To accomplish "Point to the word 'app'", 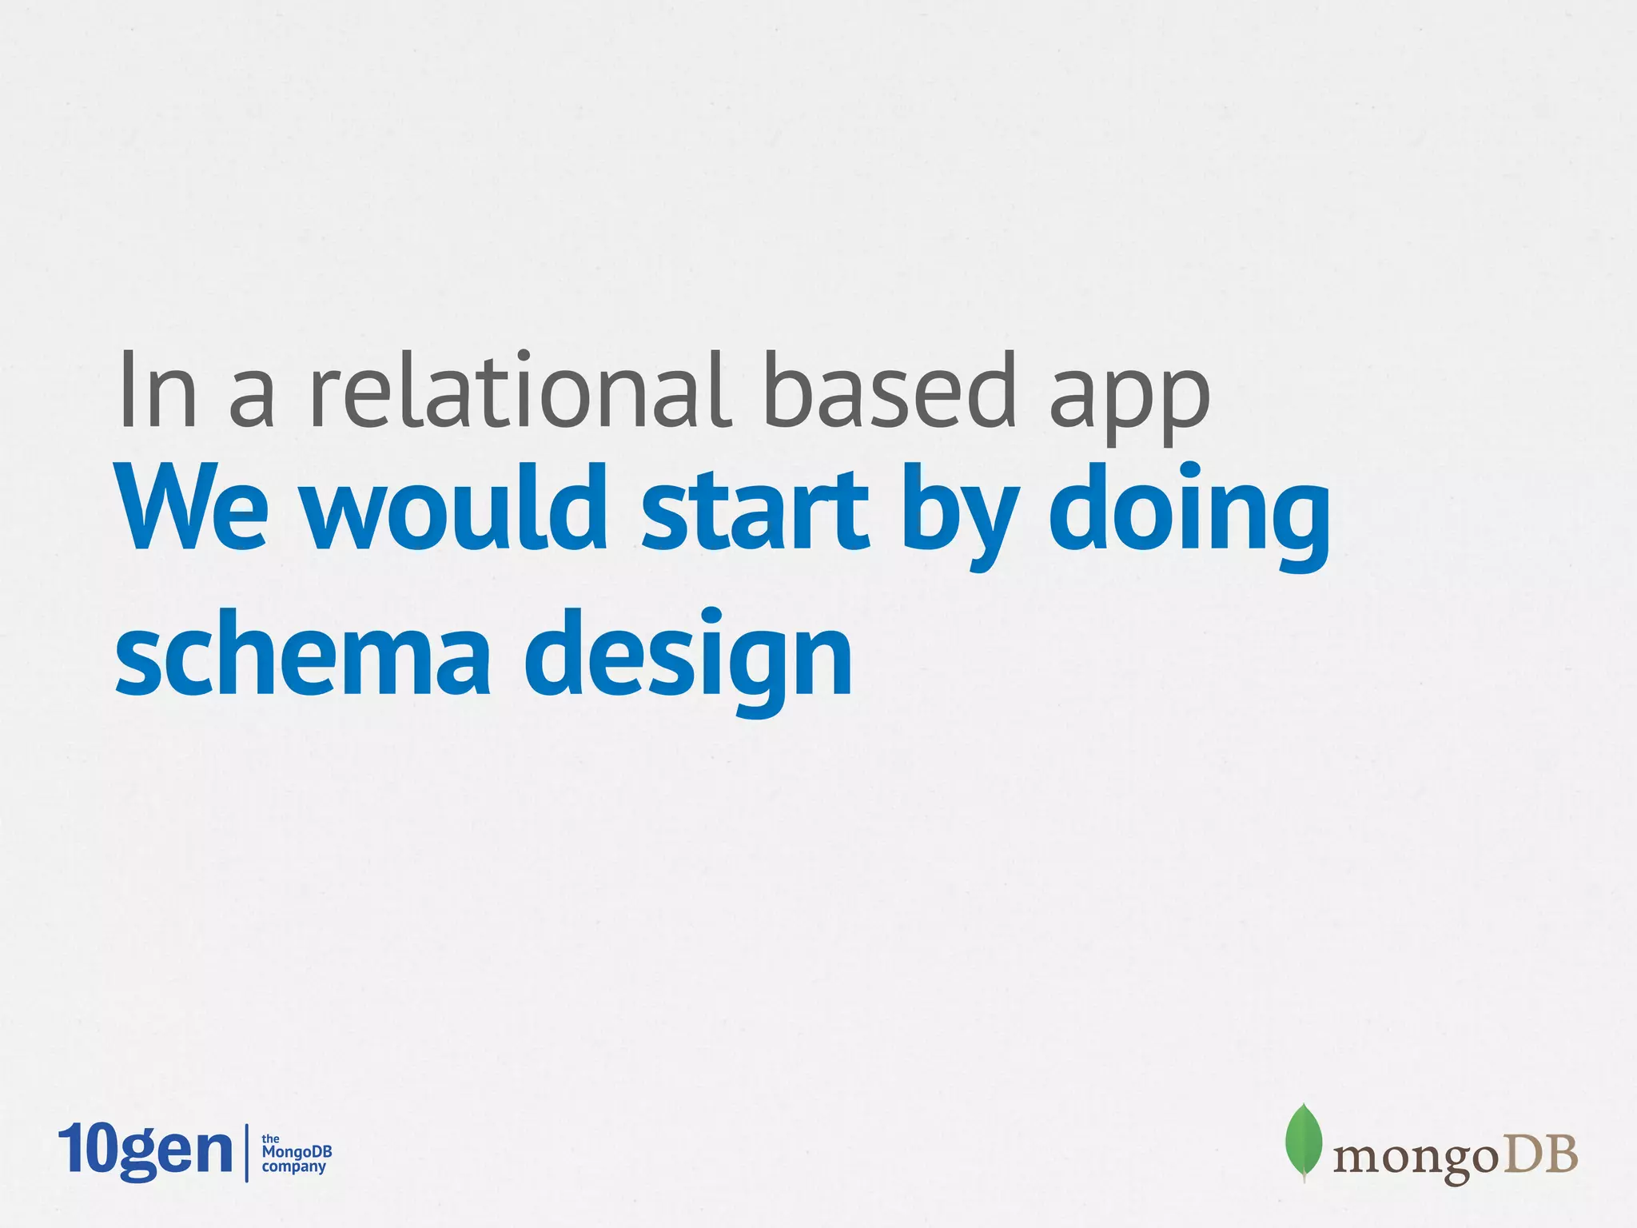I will tap(1129, 400).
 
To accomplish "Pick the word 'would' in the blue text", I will tap(457, 508).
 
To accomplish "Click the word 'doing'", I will tap(1189, 516).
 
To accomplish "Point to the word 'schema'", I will tap(302, 652).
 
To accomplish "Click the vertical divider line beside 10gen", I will tap(246, 1152).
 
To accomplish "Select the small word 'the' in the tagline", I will tap(270, 1138).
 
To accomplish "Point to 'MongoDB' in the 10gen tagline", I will tap(297, 1152).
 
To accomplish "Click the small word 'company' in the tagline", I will tap(294, 1166).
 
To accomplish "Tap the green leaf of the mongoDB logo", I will tap(1303, 1142).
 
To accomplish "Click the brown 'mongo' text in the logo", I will tap(1413, 1158).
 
